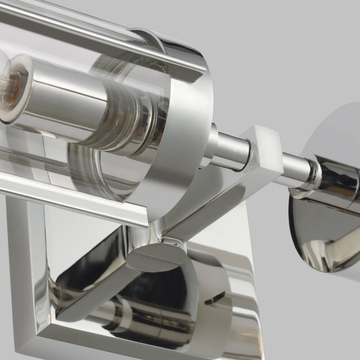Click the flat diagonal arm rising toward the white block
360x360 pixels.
(210, 200)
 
